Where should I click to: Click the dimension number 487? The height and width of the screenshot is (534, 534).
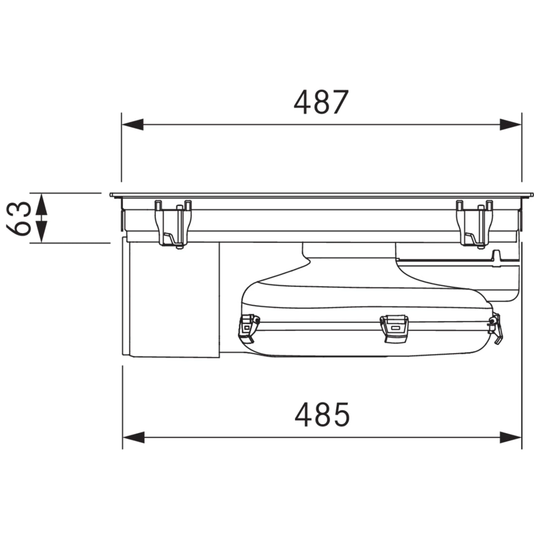coord(321,102)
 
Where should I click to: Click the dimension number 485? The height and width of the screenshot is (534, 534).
coord(322,415)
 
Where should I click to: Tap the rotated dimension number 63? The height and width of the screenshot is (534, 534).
coord(19,218)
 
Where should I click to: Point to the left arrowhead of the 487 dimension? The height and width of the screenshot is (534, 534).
coord(133,125)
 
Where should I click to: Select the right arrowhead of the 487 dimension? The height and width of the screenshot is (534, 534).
coord(511,125)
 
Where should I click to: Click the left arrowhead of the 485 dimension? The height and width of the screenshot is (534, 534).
coord(133,437)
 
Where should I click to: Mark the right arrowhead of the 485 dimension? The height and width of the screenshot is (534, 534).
coord(511,437)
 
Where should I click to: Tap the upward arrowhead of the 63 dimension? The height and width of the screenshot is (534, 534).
coord(41,204)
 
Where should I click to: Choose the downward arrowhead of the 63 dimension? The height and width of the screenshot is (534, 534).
coord(41,232)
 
